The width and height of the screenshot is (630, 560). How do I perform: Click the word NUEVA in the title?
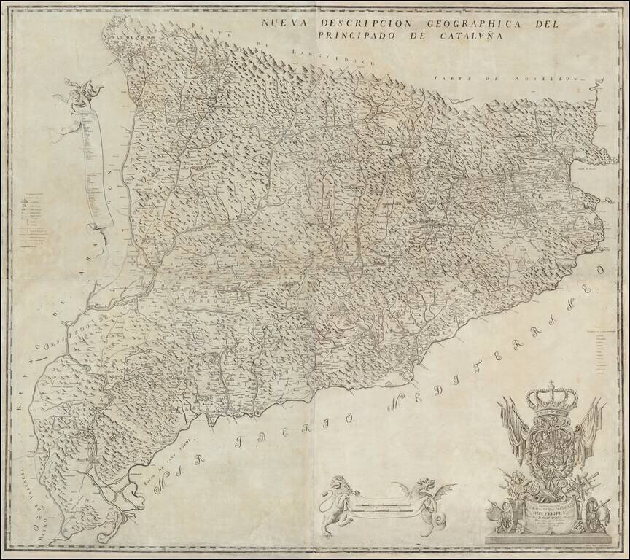coord(287,23)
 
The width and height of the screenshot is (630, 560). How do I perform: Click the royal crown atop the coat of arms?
coord(551,397)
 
